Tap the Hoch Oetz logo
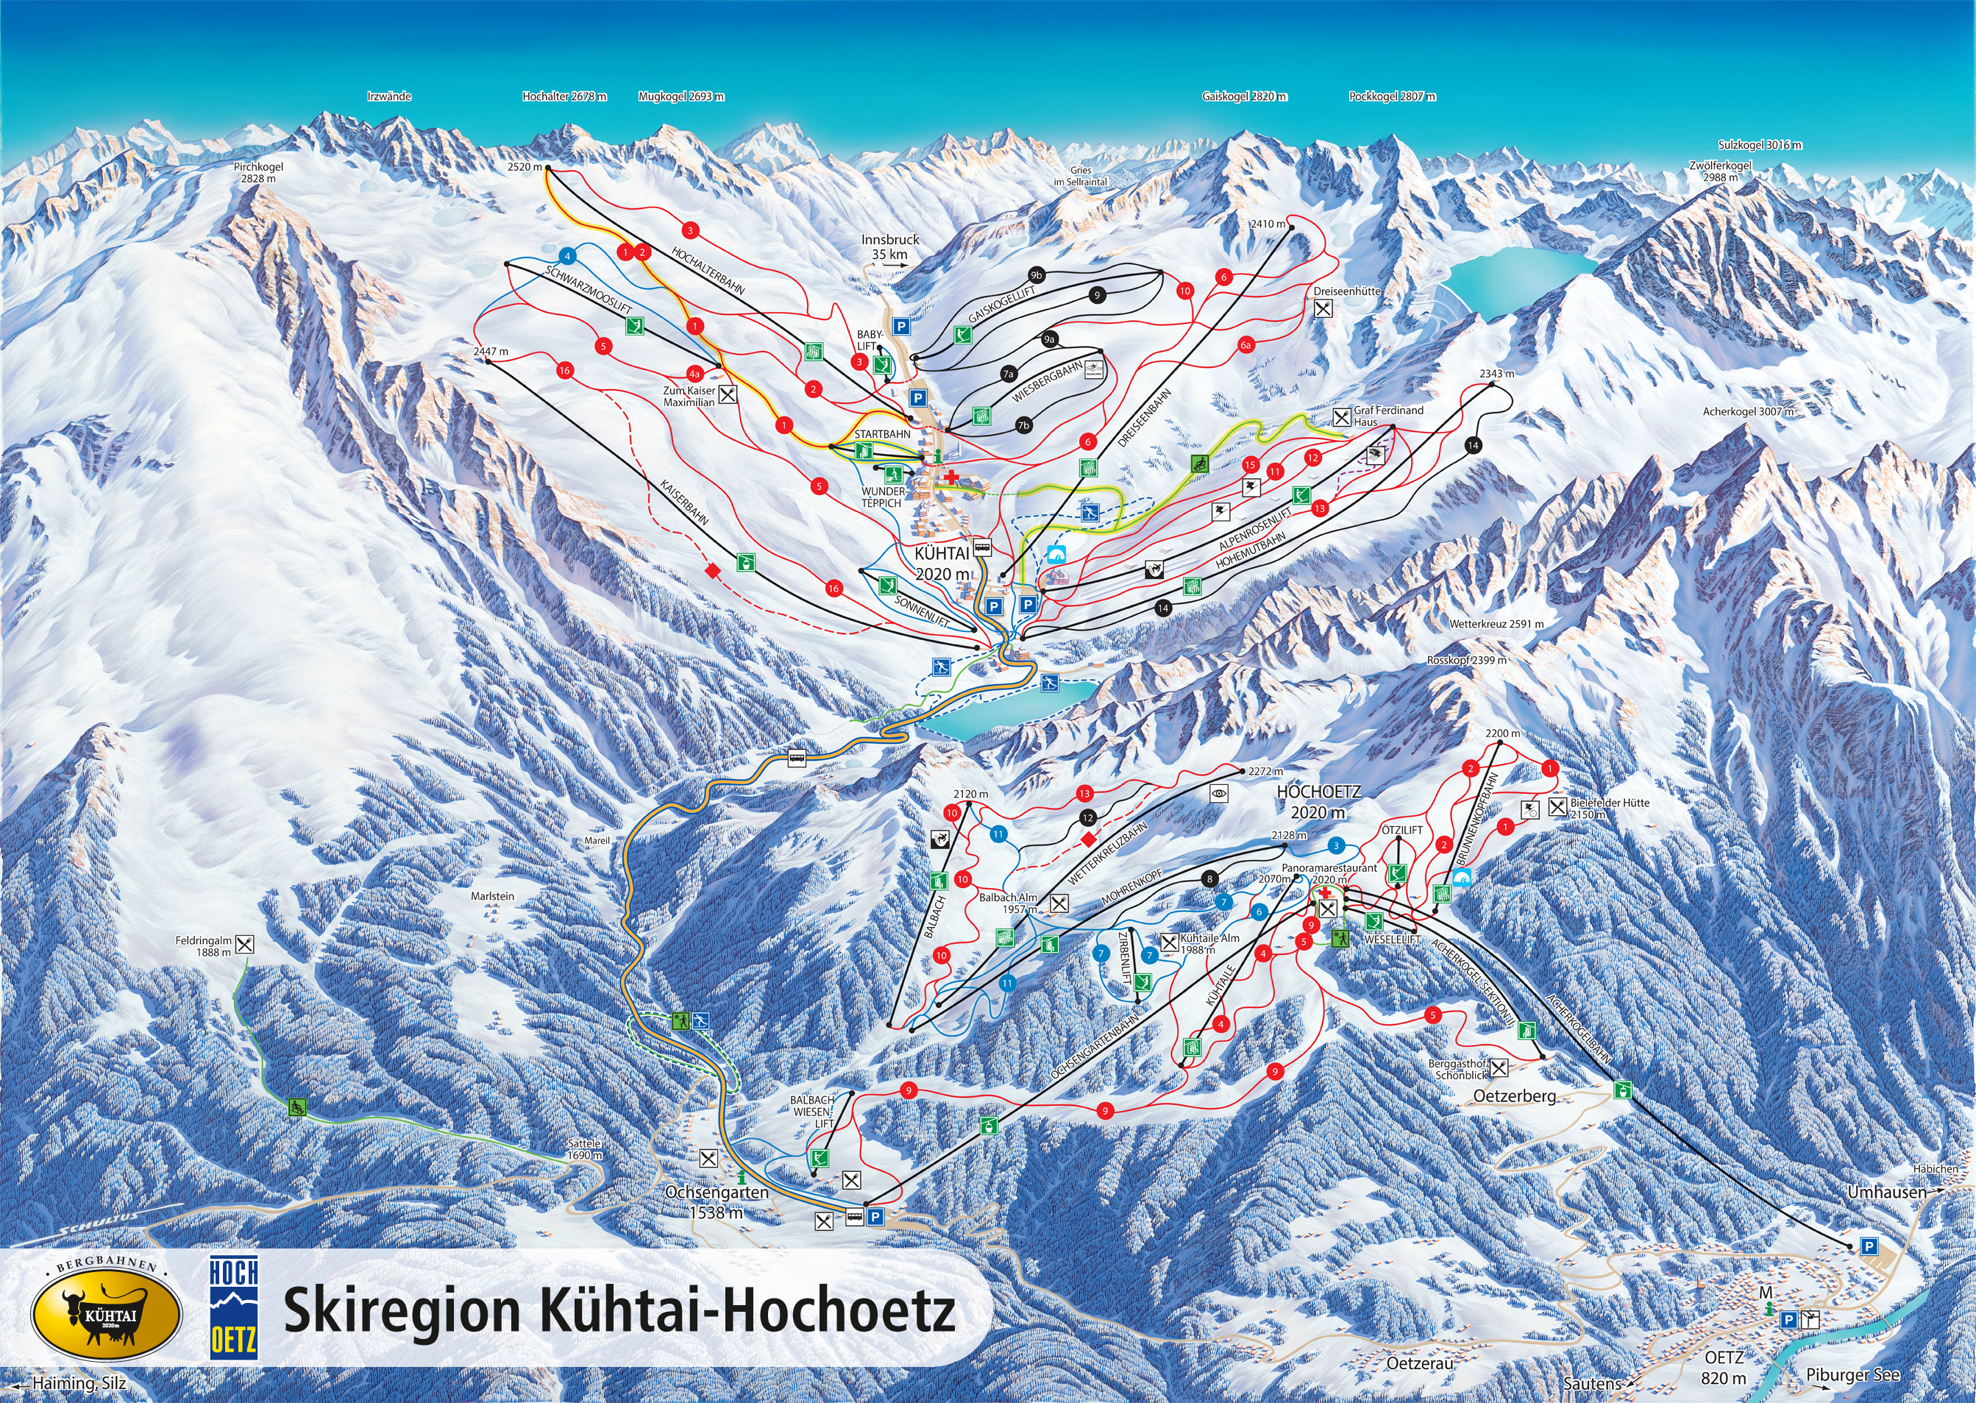click(x=233, y=1306)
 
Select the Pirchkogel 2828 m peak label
click(x=258, y=173)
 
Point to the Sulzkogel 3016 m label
click(x=1759, y=145)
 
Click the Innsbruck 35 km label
click(x=889, y=246)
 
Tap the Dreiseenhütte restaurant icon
click(x=1322, y=308)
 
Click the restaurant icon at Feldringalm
click(x=245, y=944)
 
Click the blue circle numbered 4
click(x=567, y=256)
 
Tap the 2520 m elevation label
click(x=525, y=167)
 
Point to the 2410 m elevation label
click(x=1267, y=224)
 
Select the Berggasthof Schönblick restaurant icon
click(x=1499, y=1069)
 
